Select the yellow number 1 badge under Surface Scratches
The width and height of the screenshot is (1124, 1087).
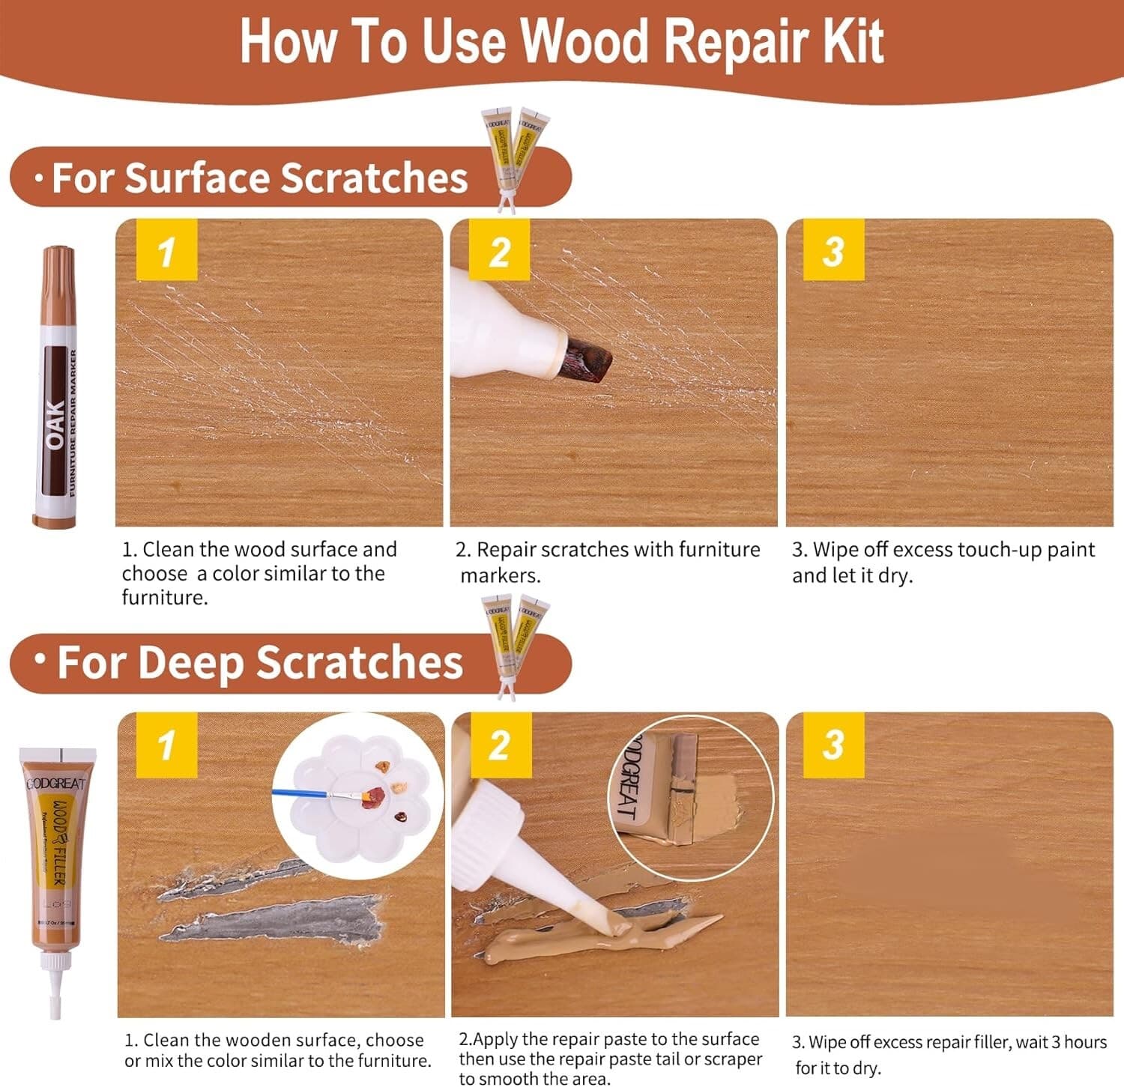tap(166, 250)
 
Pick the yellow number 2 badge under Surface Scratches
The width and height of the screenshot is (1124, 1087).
tap(499, 250)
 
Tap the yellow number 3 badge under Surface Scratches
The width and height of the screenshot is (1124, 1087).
tap(833, 250)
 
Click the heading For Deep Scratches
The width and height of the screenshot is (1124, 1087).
tap(259, 663)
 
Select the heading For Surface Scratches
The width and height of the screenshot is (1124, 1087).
tap(259, 178)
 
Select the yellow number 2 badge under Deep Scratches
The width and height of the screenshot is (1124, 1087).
tap(499, 745)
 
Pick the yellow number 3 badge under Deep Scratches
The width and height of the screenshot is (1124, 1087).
tap(833, 745)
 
